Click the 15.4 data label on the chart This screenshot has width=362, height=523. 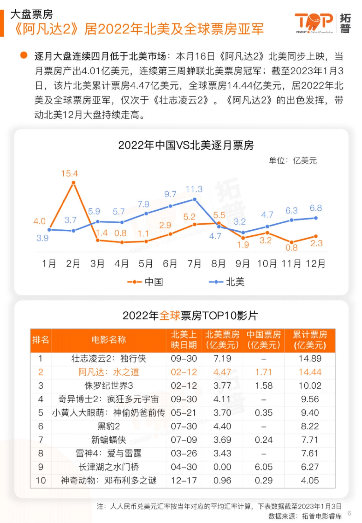(x=69, y=174)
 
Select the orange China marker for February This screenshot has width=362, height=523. (x=73, y=183)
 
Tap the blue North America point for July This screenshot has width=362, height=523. (x=195, y=199)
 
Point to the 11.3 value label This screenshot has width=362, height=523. (x=194, y=189)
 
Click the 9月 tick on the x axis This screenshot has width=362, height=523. (x=243, y=263)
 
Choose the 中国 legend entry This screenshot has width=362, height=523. (x=146, y=282)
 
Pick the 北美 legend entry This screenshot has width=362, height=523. (x=227, y=282)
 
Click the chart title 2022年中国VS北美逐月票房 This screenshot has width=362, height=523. (x=186, y=145)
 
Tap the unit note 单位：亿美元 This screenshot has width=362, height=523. (x=293, y=161)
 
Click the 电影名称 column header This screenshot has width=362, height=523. (x=109, y=340)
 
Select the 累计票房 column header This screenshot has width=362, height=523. (x=310, y=340)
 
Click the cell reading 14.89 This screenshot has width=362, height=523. (x=310, y=359)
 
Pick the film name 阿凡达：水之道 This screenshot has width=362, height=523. (x=109, y=372)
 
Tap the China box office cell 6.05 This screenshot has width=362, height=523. (x=263, y=467)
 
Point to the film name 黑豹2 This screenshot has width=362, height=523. (x=109, y=426)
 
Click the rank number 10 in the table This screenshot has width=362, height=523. (x=41, y=480)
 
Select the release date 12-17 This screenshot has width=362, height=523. (x=184, y=480)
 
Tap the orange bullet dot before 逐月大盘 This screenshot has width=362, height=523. (x=24, y=55)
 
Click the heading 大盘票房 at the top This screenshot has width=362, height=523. (x=31, y=14)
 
